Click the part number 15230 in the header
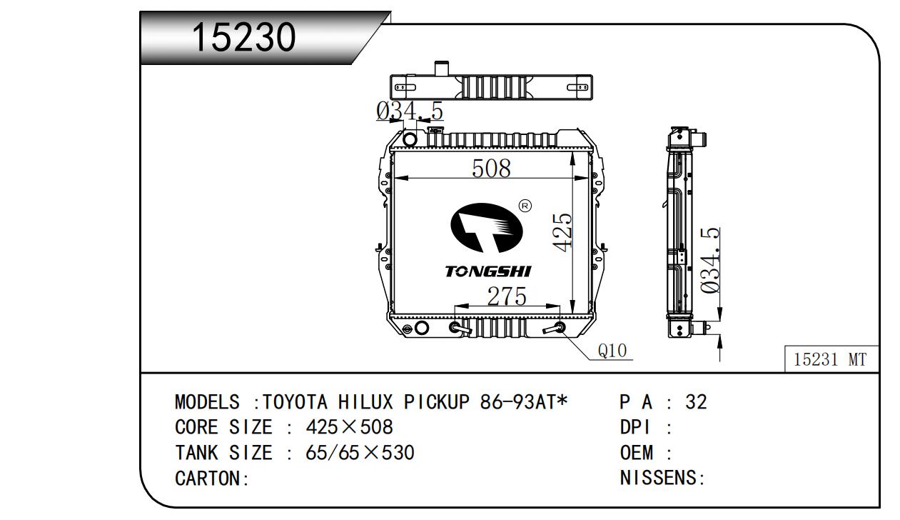pos(244,37)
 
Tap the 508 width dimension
pos(491,168)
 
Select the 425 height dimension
pos(562,232)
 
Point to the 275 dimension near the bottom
pos(507,296)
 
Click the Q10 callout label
pos(612,351)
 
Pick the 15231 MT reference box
pos(831,359)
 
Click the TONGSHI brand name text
pos(488,271)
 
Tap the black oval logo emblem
pos(487,228)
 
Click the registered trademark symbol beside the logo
pos(525,206)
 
